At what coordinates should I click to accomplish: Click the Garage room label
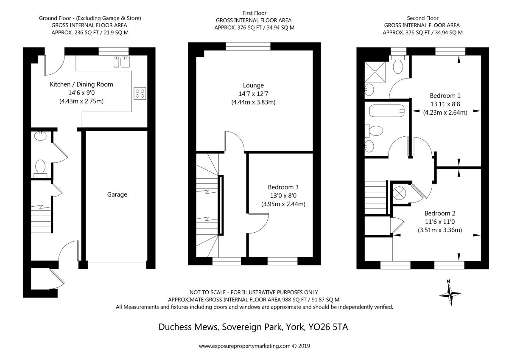(117, 195)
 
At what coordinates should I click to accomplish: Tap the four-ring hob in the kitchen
(140, 93)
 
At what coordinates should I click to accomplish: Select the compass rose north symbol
(450, 293)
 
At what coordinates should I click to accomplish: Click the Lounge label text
(253, 85)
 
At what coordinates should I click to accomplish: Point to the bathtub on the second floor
(387, 111)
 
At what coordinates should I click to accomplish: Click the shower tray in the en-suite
(375, 72)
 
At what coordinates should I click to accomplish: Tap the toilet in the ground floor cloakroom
(40, 169)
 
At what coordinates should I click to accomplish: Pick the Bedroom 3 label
(283, 187)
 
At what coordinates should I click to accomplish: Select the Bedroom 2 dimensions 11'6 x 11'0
(440, 222)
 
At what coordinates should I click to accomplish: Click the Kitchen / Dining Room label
(81, 84)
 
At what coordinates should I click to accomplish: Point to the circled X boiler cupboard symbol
(399, 193)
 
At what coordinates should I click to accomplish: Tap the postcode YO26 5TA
(328, 327)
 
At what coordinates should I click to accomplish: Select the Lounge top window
(248, 46)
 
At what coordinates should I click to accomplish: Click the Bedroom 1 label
(445, 96)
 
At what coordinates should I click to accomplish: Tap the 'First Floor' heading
(254, 13)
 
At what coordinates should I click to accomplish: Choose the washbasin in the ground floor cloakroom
(40, 136)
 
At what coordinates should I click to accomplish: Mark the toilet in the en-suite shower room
(398, 65)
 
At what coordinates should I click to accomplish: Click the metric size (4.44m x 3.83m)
(253, 102)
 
